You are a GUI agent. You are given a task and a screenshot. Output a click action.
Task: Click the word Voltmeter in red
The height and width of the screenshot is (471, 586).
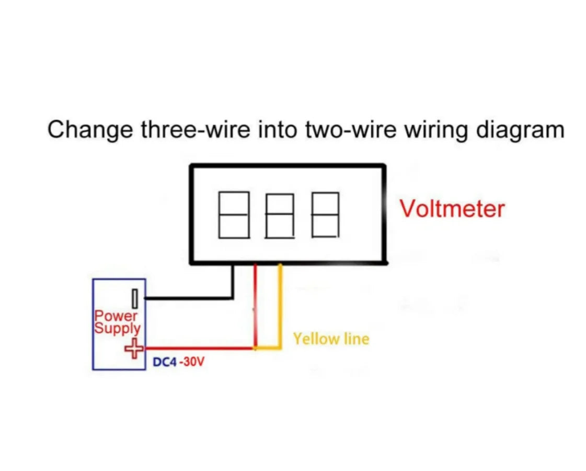(x=452, y=208)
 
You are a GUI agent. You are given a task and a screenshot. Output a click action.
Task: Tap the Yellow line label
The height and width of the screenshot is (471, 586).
(x=331, y=339)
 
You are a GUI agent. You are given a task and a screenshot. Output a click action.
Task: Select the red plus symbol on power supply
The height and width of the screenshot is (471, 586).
(x=135, y=348)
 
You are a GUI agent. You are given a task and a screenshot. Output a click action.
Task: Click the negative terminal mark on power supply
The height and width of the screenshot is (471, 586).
(x=135, y=299)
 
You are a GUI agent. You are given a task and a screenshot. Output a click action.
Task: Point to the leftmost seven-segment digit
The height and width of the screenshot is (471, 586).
(x=233, y=215)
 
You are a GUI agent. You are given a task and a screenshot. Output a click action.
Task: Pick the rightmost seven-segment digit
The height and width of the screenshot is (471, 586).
(x=325, y=215)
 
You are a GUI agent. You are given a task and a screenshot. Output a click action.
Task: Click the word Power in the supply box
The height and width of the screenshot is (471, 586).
(x=116, y=316)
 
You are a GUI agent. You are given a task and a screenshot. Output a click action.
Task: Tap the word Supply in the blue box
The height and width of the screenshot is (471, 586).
(x=118, y=329)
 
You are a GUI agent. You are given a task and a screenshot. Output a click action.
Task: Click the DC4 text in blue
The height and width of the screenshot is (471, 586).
(x=165, y=362)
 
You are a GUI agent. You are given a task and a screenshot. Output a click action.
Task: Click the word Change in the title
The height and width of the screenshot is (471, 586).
(x=90, y=129)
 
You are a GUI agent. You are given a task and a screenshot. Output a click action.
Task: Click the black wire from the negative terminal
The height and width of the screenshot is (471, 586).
(x=188, y=298)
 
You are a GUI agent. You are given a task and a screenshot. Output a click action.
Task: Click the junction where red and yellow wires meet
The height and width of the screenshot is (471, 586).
(x=256, y=347)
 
